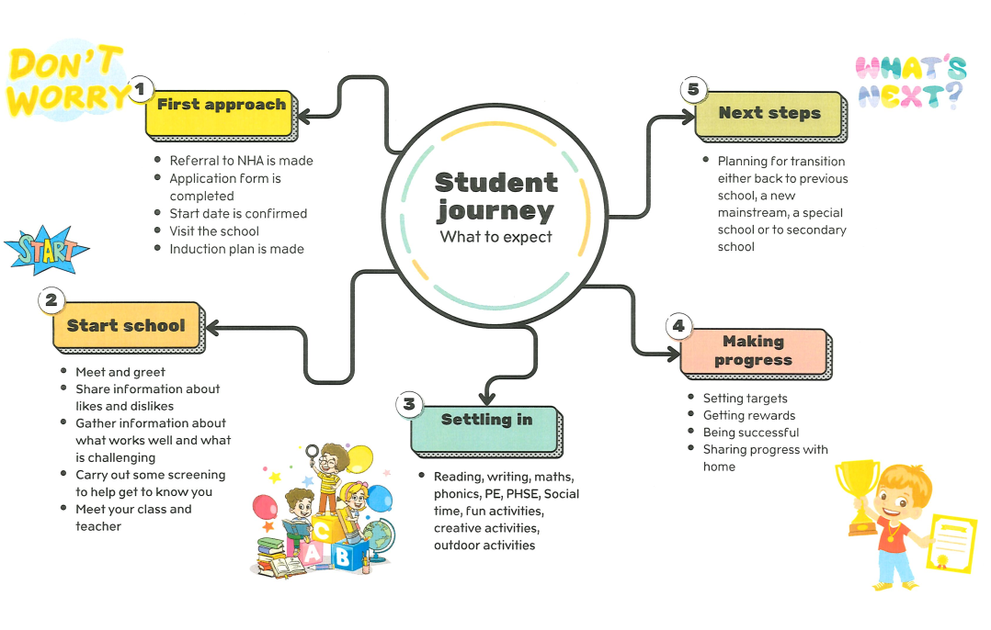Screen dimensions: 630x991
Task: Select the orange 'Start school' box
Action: pyautogui.click(x=126, y=326)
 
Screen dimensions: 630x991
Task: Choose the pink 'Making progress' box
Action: pyautogui.click(x=753, y=352)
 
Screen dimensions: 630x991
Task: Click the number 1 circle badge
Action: pyautogui.click(x=141, y=89)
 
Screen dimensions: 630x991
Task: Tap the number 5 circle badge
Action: pyautogui.click(x=694, y=89)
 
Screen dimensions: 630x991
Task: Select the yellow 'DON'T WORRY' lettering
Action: pyautogui.click(x=66, y=81)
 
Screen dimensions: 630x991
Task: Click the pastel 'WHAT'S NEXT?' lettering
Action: pyautogui.click(x=910, y=83)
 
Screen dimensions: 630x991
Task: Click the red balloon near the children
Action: pyautogui.click(x=265, y=506)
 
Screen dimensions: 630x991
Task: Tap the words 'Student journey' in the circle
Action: pyautogui.click(x=496, y=197)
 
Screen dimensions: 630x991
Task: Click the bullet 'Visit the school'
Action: pyautogui.click(x=214, y=231)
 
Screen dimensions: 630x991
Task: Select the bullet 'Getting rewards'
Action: pyautogui.click(x=748, y=415)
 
